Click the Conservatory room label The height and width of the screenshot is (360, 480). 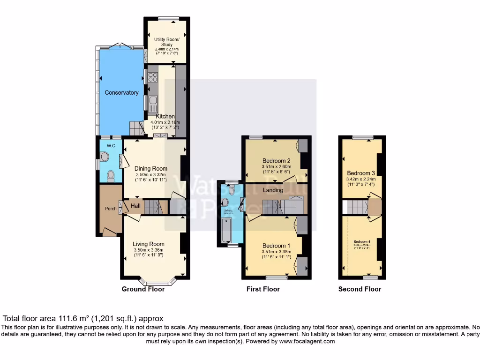pyautogui.click(x=121, y=93)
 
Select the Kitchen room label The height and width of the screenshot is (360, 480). pyautogui.click(x=165, y=116)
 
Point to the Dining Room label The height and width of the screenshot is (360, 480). pyautogui.click(x=150, y=169)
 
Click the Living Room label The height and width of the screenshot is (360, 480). pyautogui.click(x=149, y=244)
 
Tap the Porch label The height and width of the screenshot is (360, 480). pyautogui.click(x=111, y=209)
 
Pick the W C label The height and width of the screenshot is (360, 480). pyautogui.click(x=110, y=146)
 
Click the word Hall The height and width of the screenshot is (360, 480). pyautogui.click(x=135, y=206)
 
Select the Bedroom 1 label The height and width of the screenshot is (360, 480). pyautogui.click(x=276, y=246)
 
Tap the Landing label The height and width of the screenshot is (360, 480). pyautogui.click(x=273, y=190)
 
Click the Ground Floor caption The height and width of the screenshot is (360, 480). pyautogui.click(x=143, y=289)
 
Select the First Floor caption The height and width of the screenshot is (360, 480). pyautogui.click(x=263, y=289)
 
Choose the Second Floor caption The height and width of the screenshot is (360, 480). pyautogui.click(x=360, y=289)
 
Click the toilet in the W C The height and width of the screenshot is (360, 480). pyautogui.click(x=111, y=176)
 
